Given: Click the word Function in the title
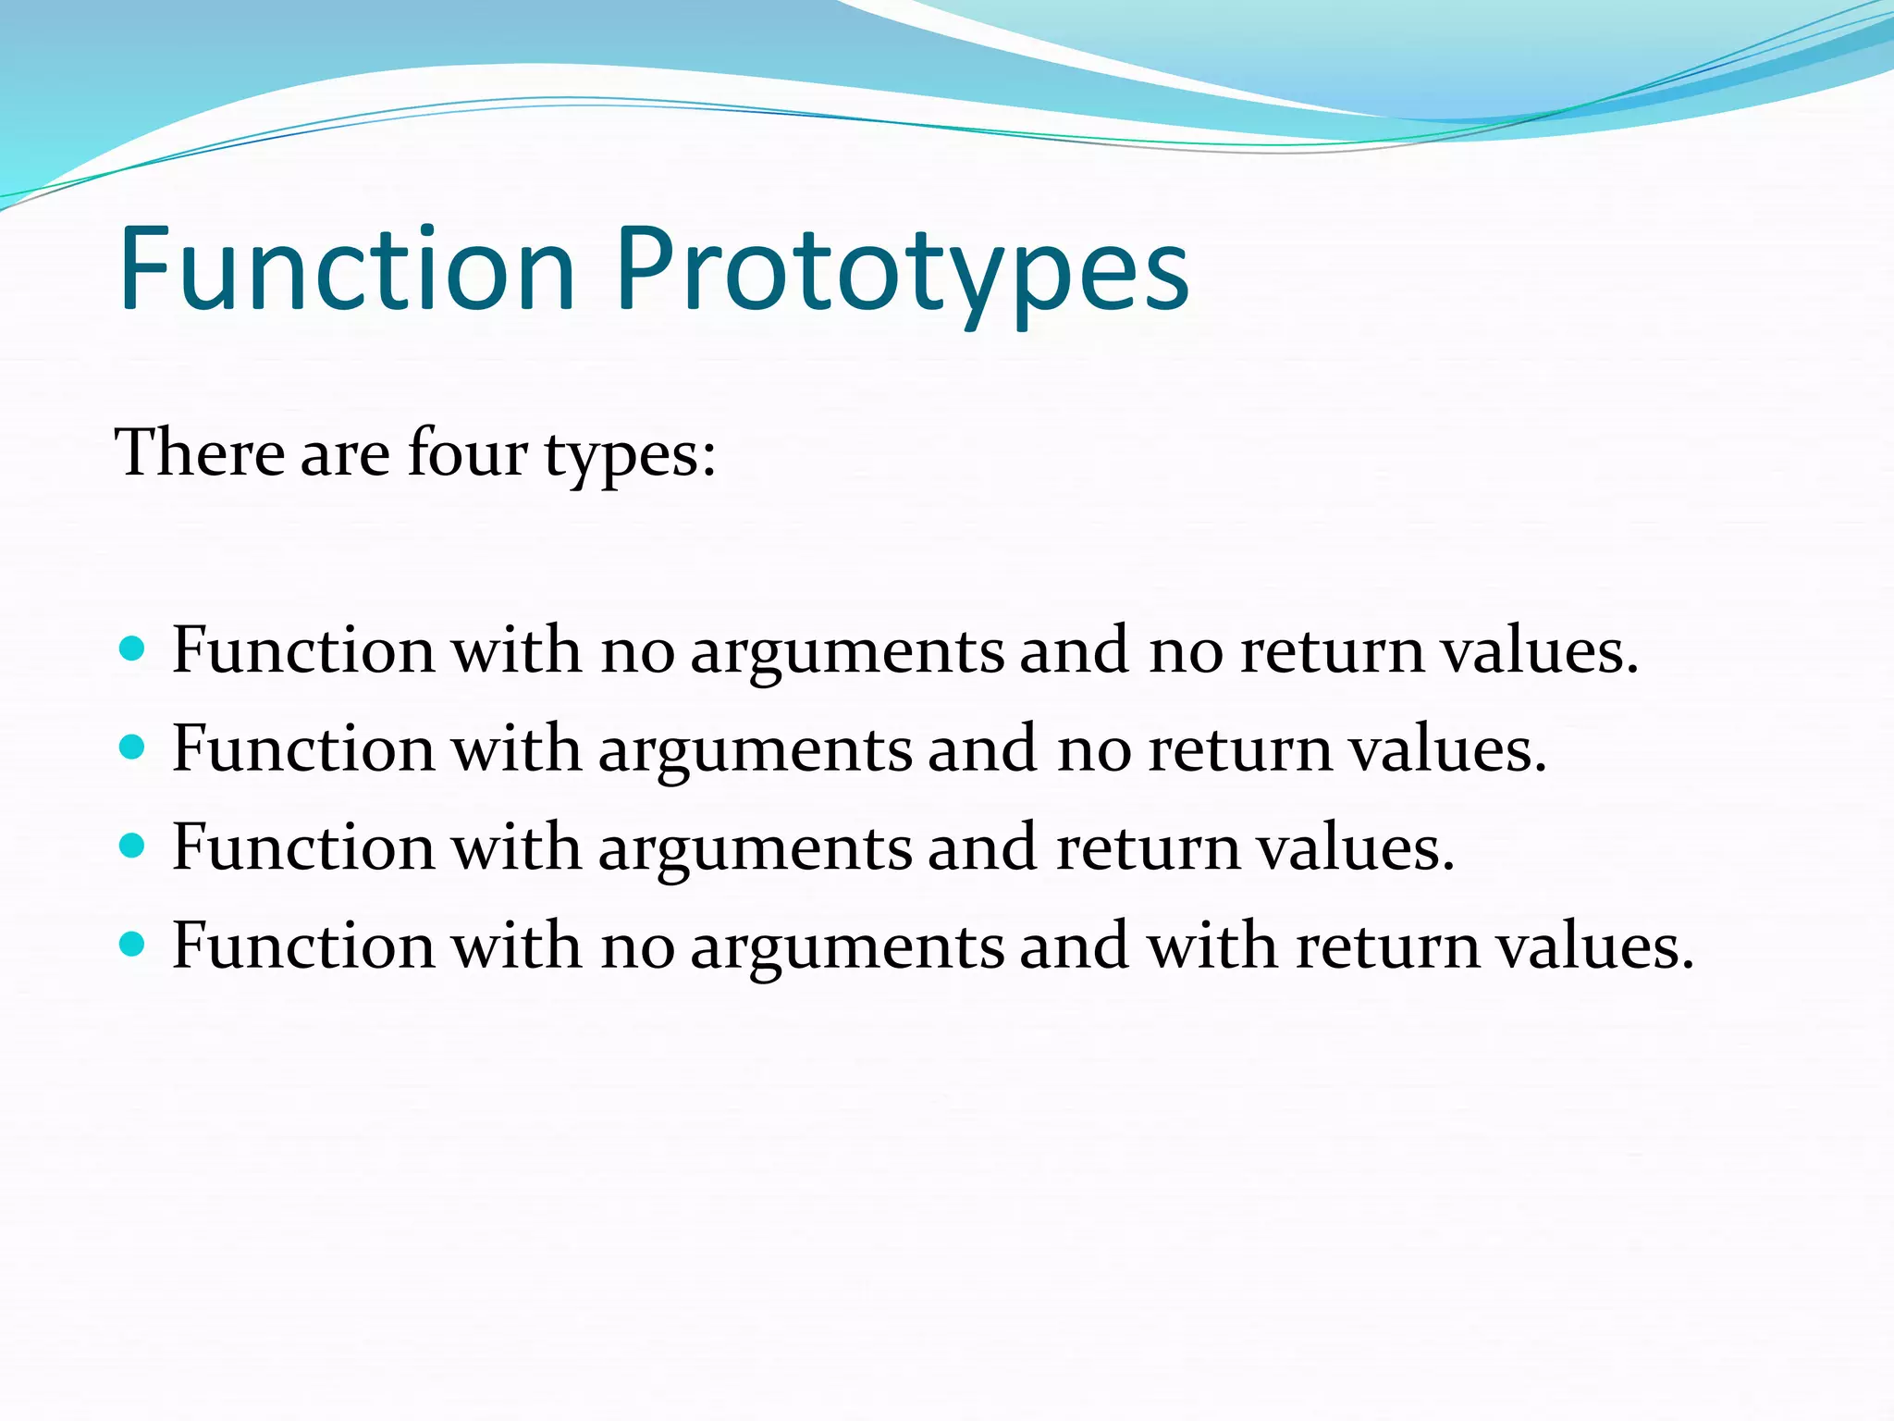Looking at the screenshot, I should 348,270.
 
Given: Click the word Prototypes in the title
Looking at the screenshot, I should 902,270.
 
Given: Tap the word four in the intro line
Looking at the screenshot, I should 468,453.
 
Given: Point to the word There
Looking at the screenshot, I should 199,453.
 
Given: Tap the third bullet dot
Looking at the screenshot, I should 133,845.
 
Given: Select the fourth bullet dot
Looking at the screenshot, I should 133,944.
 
